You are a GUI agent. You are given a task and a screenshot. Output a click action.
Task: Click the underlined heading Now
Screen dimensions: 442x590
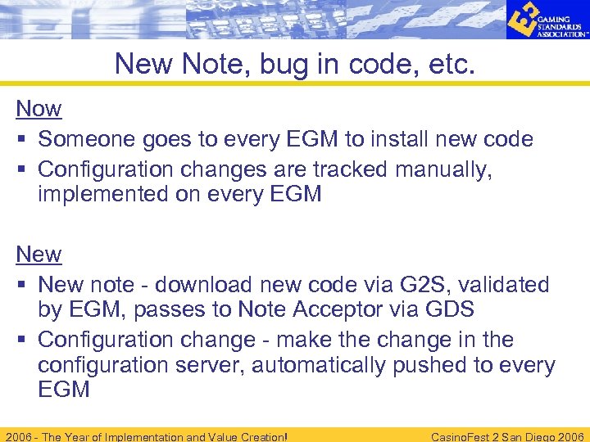click(x=39, y=108)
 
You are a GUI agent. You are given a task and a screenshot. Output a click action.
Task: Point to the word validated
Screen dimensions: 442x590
click(x=513, y=285)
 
